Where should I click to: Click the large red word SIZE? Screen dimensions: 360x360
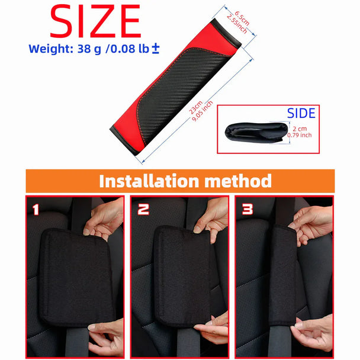(95, 22)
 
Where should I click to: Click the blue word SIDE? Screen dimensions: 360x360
(301, 113)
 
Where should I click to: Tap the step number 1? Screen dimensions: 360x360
(36, 209)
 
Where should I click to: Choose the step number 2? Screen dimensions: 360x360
(143, 209)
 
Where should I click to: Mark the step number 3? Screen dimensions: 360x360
(247, 209)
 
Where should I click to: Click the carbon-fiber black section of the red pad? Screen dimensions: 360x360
(178, 89)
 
